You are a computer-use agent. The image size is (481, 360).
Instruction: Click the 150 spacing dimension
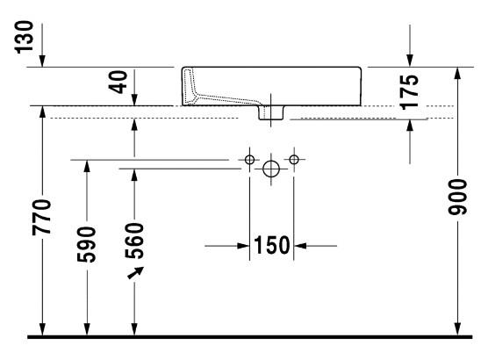272,245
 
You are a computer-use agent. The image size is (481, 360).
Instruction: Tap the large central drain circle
272,167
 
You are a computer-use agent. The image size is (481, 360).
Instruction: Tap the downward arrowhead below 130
44,59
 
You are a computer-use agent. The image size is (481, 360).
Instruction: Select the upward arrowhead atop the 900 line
457,72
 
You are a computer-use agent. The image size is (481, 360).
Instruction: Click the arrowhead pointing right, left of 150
243,245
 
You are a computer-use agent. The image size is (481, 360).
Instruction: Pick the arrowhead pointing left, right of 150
301,245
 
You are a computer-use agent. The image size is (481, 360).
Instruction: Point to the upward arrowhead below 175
410,125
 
